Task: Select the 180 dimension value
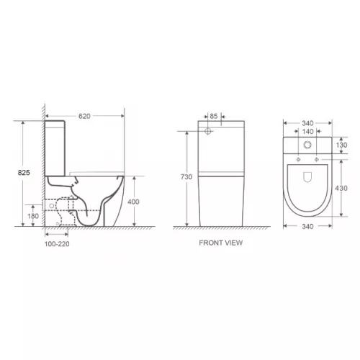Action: [x=33, y=215]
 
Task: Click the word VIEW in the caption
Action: [x=233, y=243]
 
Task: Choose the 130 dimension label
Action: [x=343, y=145]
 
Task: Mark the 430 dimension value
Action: [x=343, y=188]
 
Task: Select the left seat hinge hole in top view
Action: [x=295, y=158]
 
